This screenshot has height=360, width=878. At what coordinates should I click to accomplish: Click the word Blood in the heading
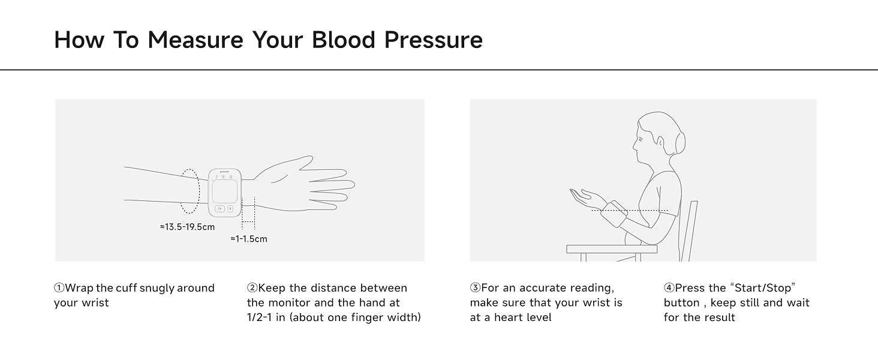344,40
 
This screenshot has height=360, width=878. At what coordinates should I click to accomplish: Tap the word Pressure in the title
434,40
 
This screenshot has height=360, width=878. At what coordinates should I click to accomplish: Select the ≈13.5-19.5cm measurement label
187,227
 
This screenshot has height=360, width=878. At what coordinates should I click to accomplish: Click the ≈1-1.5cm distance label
249,239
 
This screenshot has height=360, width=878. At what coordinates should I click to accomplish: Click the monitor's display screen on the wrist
224,191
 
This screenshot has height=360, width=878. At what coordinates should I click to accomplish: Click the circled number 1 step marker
59,288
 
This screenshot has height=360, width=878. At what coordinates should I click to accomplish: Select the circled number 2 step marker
252,288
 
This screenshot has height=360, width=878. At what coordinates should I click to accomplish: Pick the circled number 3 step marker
475,288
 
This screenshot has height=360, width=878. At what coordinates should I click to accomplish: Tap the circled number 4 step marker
669,288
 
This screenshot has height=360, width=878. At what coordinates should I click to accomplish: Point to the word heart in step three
511,317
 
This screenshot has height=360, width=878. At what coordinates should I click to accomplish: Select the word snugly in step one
157,289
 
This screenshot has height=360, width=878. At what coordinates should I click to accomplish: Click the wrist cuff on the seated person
614,214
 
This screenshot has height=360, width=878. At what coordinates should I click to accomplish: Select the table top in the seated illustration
612,249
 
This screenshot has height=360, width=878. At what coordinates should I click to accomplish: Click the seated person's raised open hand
585,197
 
